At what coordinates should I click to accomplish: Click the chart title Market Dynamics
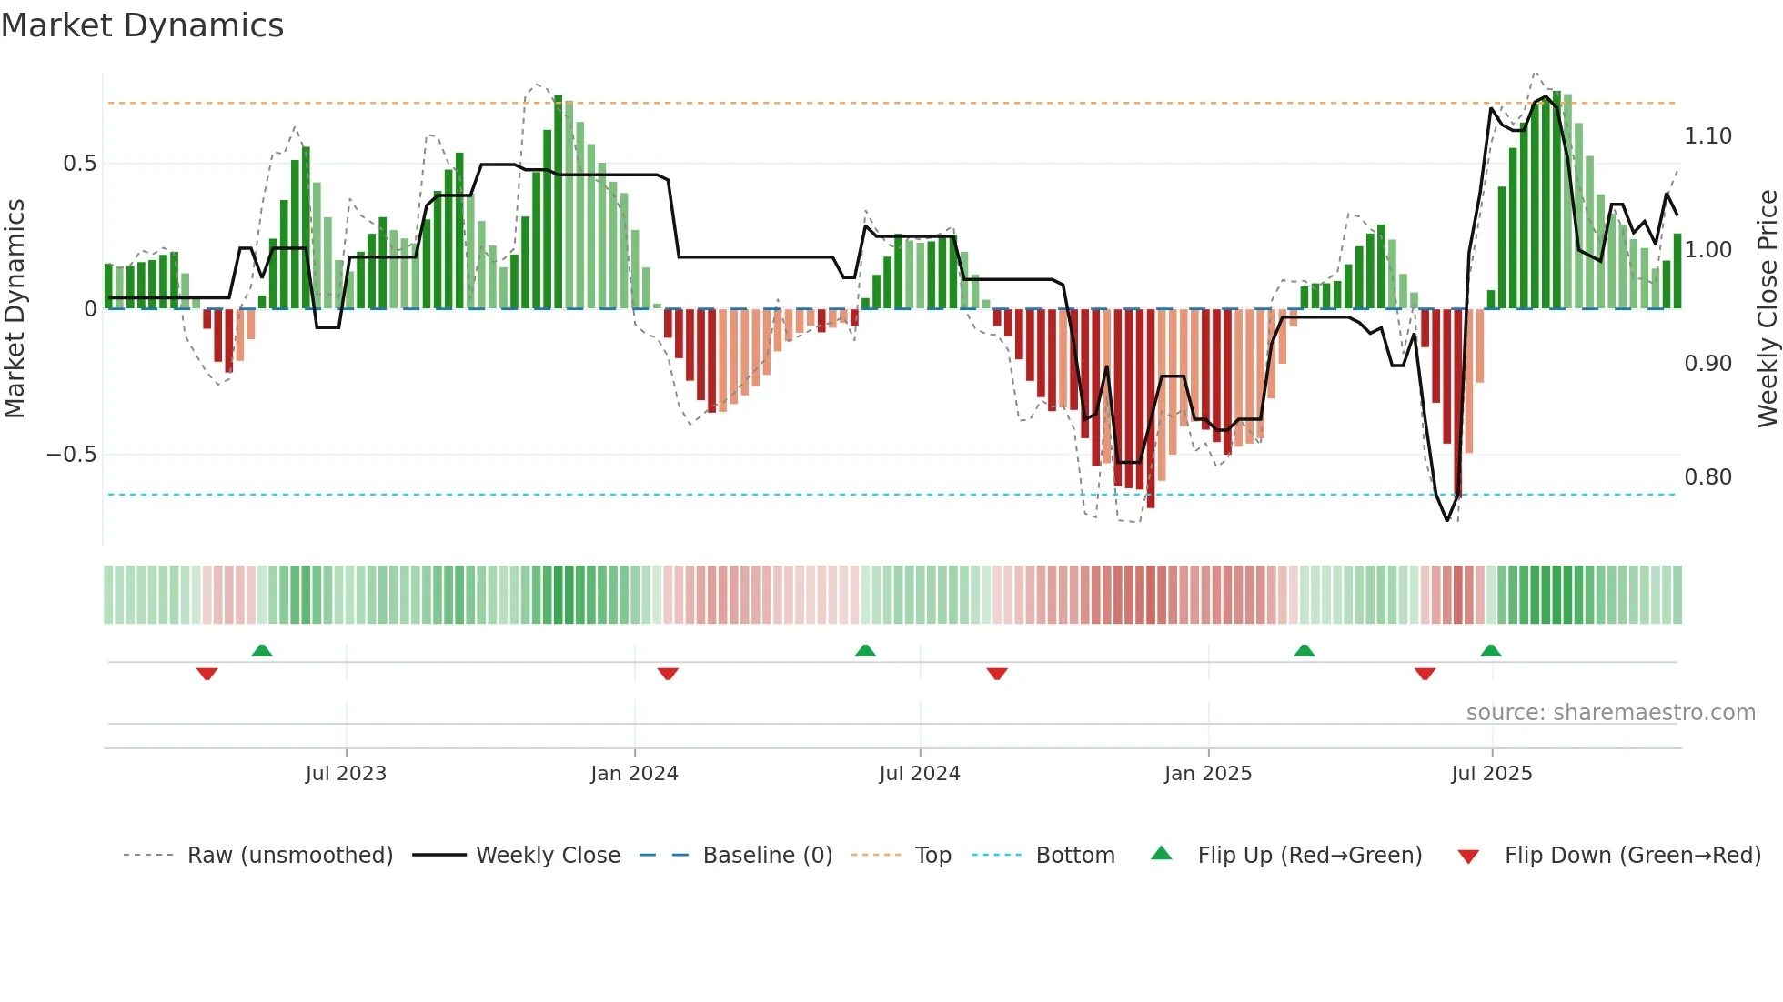tap(142, 25)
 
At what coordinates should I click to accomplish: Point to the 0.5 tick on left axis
tap(79, 164)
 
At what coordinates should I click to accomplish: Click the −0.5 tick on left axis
tap(72, 455)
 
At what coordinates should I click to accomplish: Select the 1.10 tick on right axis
tap(1707, 136)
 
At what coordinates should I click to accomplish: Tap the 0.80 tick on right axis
tap(1707, 477)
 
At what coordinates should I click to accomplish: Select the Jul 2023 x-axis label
tap(346, 774)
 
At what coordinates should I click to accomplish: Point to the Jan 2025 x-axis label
tap(1208, 774)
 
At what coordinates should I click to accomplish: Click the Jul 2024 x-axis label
tap(920, 774)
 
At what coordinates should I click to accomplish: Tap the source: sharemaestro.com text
tap(1610, 713)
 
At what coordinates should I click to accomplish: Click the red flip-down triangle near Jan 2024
tap(668, 674)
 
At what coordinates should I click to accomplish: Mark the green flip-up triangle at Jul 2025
tap(1490, 650)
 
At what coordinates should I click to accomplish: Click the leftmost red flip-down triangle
tap(207, 674)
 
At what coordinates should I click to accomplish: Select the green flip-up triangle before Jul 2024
tap(865, 650)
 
